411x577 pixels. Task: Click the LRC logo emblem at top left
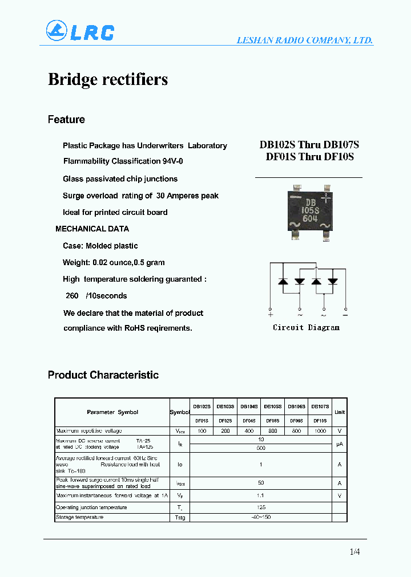57,31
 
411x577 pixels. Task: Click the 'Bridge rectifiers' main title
108,79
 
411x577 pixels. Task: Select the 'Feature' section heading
66,119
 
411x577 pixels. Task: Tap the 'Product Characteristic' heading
103,375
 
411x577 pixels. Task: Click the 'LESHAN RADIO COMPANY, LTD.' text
305,40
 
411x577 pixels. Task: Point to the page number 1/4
354,551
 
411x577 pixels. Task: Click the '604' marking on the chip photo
310,218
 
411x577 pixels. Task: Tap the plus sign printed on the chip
326,198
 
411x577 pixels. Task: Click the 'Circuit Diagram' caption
306,327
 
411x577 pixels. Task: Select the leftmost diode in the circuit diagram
282,281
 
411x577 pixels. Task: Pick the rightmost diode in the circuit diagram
333,281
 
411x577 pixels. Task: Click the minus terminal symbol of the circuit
345,314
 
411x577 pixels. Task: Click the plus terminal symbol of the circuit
270,314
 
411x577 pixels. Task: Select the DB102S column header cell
202,407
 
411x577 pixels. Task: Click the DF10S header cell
320,420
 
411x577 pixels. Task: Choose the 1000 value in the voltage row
320,431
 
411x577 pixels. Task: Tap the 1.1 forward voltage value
260,496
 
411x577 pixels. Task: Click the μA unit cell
339,444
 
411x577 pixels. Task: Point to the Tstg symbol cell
179,518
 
